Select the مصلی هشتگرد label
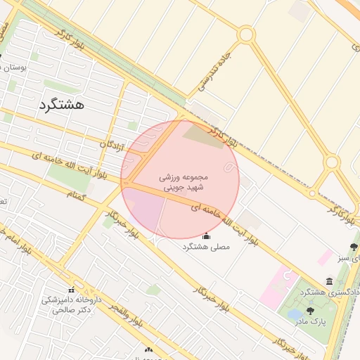tap(206, 247)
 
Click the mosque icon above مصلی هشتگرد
tap(206, 236)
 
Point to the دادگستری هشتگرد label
tap(329, 292)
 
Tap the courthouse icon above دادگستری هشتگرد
tap(330, 281)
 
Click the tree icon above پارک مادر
tap(310, 311)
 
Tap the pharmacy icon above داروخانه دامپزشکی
tap(70, 290)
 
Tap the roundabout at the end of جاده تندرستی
tap(245, 34)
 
